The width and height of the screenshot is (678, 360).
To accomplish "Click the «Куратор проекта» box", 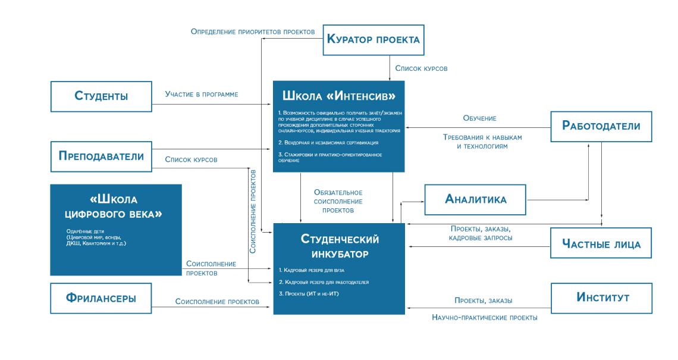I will [x=373, y=40].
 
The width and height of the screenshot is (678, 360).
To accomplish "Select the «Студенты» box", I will [x=101, y=96].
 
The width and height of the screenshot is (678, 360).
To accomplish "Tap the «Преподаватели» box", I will [x=101, y=156].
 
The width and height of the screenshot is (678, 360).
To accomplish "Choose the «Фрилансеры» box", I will [x=101, y=298].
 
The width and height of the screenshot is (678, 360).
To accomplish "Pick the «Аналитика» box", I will [x=475, y=199].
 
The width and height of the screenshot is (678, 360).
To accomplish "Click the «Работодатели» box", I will [x=601, y=126].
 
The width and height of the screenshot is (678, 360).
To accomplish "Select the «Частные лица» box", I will [x=601, y=243].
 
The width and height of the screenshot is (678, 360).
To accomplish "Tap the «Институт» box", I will [x=601, y=298].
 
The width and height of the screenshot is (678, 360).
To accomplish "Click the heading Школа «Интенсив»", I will [x=339, y=96].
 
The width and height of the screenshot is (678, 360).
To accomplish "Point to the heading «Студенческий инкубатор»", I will [x=339, y=246].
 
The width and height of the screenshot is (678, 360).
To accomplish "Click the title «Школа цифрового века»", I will [x=116, y=206].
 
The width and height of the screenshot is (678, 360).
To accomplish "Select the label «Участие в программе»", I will [x=202, y=94].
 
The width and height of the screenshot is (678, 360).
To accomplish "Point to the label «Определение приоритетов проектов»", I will [x=253, y=32].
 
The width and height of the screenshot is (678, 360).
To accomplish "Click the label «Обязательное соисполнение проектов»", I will [x=338, y=201].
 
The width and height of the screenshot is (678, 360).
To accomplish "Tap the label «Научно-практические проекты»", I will [x=484, y=318].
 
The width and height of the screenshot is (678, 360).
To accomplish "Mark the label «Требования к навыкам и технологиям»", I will [x=482, y=142].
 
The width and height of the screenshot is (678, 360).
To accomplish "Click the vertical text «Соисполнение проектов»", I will [x=253, y=211].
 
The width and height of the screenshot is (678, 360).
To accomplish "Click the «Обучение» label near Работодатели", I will [x=479, y=118].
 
